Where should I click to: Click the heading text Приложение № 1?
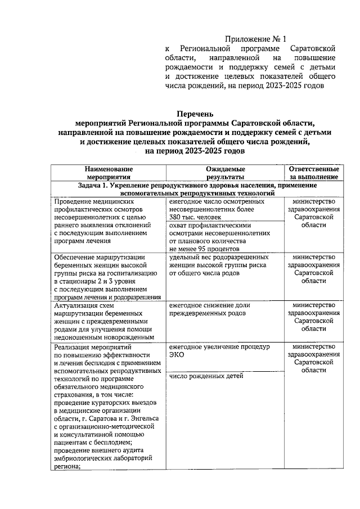pyautogui.click(x=256, y=39)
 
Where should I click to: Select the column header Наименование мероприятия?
pyautogui.click(x=109, y=173)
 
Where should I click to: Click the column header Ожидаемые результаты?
pyautogui.click(x=222, y=173)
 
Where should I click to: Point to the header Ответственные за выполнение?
pyautogui.click(x=313, y=173)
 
